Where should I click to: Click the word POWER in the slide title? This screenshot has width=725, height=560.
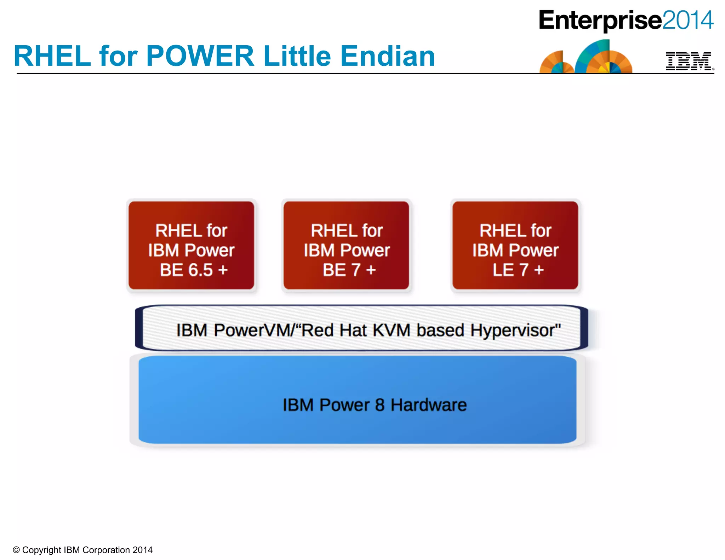(x=200, y=56)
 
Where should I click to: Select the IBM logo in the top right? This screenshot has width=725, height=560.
(x=689, y=61)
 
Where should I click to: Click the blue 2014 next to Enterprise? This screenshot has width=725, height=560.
(x=687, y=20)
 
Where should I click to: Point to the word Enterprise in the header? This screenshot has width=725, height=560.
(x=600, y=20)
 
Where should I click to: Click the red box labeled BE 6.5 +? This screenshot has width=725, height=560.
(x=192, y=245)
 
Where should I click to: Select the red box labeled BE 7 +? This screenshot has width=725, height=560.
(x=346, y=245)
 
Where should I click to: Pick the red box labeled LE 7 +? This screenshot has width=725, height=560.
(x=515, y=245)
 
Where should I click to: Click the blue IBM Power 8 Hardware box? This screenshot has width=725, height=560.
(x=358, y=399)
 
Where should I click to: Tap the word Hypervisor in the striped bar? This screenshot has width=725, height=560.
(x=515, y=330)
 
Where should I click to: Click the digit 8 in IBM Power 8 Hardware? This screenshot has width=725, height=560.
(x=379, y=405)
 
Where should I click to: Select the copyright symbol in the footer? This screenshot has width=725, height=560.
(x=16, y=550)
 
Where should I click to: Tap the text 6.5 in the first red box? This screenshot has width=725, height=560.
(x=200, y=270)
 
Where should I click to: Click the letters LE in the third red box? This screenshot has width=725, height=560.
(x=503, y=270)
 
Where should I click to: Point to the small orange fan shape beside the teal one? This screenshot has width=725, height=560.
(x=556, y=63)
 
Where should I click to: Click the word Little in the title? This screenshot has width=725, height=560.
(x=297, y=56)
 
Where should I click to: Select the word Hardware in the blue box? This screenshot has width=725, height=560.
(x=428, y=405)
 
